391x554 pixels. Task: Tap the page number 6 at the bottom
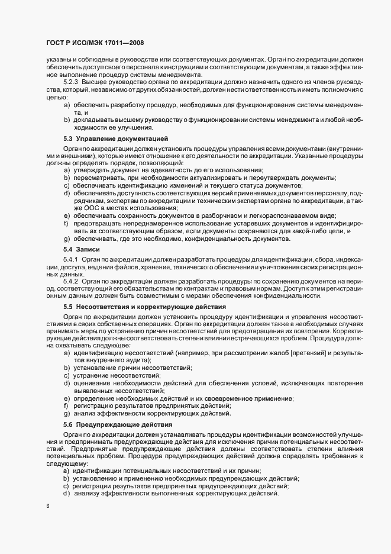pos(47,507)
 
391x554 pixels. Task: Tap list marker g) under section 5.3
pos(67,238)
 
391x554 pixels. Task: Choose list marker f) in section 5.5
pos(67,405)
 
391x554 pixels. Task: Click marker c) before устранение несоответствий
pos(67,375)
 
